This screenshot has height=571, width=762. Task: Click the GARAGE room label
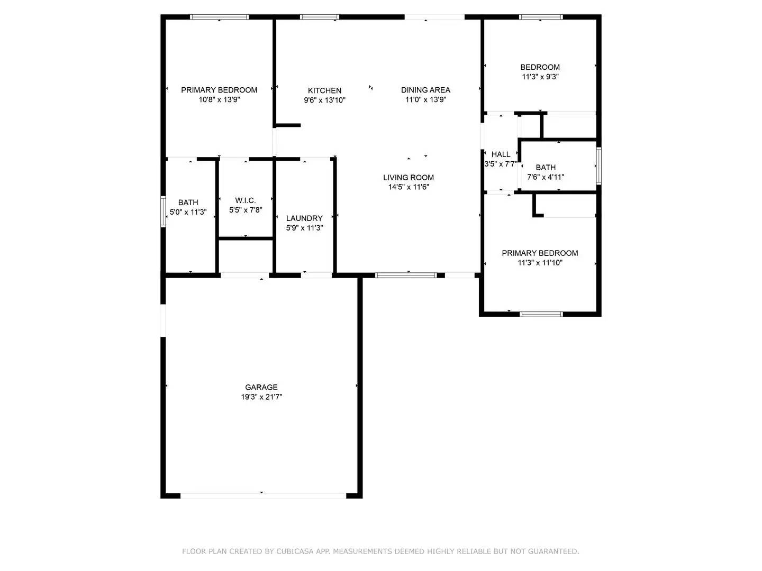(261, 388)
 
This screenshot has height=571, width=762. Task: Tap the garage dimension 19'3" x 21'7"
(261, 397)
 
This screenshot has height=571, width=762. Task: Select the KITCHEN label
(324, 90)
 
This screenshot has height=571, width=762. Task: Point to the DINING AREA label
(425, 90)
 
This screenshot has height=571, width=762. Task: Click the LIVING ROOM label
(409, 178)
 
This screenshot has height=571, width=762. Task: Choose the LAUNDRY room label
(304, 218)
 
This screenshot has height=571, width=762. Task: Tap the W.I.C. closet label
(246, 200)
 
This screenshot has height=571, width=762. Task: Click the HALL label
(501, 154)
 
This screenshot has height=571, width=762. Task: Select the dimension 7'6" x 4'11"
(546, 177)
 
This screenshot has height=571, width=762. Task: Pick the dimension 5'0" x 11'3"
(188, 212)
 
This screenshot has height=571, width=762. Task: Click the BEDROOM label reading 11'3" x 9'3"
(540, 67)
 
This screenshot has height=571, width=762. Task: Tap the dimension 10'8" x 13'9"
(219, 99)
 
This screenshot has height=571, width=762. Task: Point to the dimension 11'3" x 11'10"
(540, 263)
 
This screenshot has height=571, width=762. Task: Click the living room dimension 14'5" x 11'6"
(409, 187)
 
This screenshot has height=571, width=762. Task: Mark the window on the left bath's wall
(164, 212)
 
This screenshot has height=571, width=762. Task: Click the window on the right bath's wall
(599, 165)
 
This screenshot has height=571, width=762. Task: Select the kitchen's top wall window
(319, 17)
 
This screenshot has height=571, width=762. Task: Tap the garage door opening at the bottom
(263, 496)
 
